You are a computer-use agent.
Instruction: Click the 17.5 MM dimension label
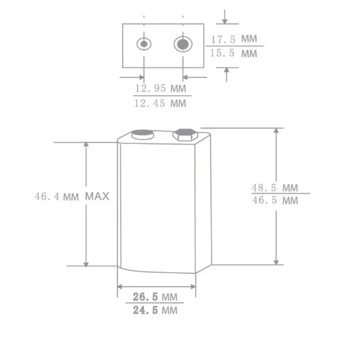click(234, 39)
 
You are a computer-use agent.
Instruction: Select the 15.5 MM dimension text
click(233, 53)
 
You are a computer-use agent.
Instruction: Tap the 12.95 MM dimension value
click(160, 88)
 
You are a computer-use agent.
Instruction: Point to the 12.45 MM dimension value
click(160, 103)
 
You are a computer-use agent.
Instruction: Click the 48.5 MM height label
click(275, 188)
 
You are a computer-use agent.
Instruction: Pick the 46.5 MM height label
click(275, 200)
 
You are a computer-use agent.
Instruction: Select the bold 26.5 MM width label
click(155, 297)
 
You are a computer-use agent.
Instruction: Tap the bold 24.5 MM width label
click(155, 310)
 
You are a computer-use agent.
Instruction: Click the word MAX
click(97, 196)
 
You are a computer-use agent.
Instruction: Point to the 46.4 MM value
click(57, 197)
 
